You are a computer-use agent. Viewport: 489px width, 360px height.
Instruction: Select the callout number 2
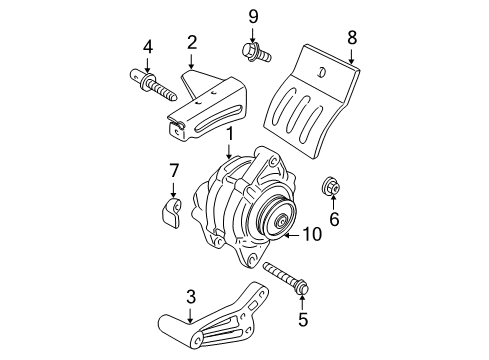click(191, 42)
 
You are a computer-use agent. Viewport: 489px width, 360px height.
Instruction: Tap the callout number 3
click(191, 296)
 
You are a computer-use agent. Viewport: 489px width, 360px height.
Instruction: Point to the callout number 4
click(147, 46)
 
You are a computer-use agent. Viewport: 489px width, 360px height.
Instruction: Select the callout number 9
click(253, 15)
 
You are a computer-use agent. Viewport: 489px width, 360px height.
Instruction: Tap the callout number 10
click(312, 236)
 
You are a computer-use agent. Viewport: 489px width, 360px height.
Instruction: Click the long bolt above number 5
click(286, 277)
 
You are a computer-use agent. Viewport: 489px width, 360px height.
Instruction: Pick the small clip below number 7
click(171, 211)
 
